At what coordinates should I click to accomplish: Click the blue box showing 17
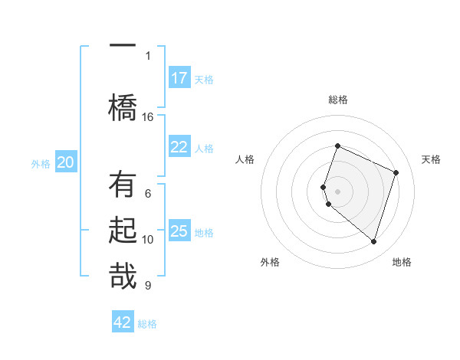[x=179, y=78]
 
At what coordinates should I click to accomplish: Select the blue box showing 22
[x=179, y=147]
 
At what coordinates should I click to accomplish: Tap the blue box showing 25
[x=179, y=231]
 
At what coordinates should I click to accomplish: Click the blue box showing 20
[x=66, y=162]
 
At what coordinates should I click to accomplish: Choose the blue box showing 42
[x=123, y=322]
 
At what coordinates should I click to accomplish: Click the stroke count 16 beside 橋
[x=148, y=116]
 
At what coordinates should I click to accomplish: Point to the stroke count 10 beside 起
[x=148, y=240]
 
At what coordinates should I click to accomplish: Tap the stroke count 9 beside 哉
[x=148, y=286]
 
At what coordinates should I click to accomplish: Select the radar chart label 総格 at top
[x=338, y=100]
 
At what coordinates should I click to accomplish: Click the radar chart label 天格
[x=432, y=159]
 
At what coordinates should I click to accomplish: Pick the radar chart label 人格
[x=245, y=159]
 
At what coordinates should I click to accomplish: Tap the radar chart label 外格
[x=270, y=262]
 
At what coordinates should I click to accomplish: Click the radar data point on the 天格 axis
[x=396, y=172]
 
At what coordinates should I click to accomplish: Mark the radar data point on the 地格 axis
[x=373, y=242]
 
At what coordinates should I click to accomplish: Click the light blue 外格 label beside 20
[x=41, y=163]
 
